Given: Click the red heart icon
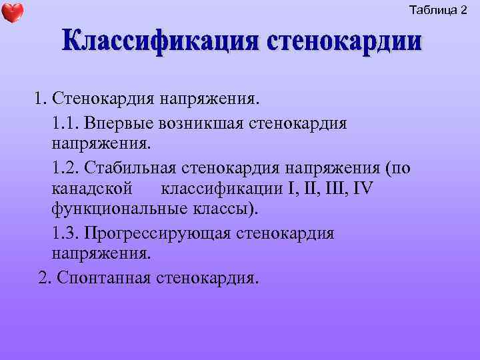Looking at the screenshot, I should (13, 12).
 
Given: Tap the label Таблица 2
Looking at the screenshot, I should (438, 10).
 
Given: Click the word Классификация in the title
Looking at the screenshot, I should (160, 42).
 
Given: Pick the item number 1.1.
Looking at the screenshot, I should (63, 123).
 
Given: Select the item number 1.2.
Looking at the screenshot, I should (63, 167).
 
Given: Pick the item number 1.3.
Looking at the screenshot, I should (63, 233).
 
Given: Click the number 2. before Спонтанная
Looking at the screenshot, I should (45, 277).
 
